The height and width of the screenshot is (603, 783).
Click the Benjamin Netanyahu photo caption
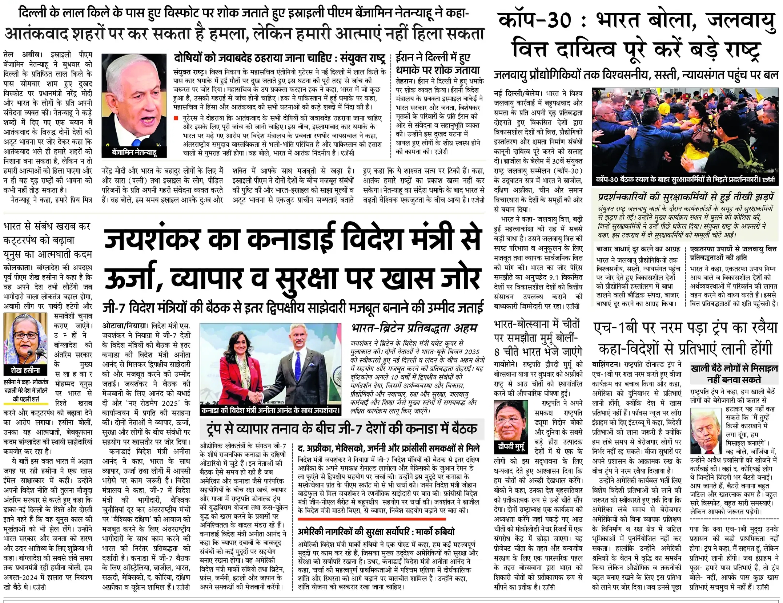click(x=134, y=152)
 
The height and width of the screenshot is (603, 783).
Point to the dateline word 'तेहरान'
click(x=404, y=81)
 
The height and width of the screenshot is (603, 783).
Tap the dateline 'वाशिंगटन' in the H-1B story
click(x=606, y=364)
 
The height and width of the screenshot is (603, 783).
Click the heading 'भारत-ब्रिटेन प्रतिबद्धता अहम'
click(x=414, y=328)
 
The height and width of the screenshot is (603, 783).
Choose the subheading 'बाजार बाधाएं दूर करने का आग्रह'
click(x=638, y=250)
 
